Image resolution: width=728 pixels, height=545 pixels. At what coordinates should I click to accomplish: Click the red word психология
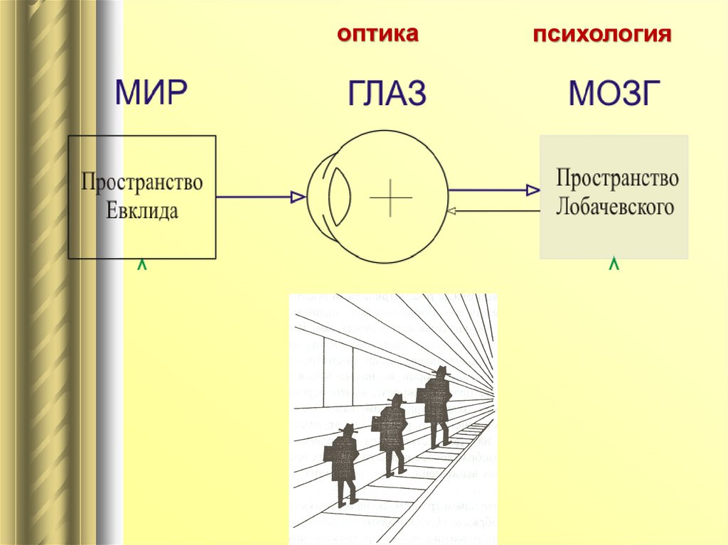click(604, 35)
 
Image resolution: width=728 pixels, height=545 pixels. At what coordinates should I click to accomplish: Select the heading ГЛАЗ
click(387, 95)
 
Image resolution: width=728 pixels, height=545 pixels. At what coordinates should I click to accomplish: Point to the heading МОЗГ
click(610, 95)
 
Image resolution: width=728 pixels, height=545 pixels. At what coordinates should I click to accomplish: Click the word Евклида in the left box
click(142, 211)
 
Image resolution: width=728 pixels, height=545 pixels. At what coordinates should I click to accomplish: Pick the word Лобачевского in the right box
click(616, 207)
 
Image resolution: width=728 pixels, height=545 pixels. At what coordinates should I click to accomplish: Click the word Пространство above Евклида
click(142, 183)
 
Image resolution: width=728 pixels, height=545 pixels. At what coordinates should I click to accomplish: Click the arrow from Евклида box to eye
click(259, 197)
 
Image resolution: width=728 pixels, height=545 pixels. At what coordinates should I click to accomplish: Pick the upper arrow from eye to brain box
click(493, 190)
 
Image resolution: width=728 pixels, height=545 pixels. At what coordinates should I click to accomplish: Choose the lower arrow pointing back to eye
click(493, 210)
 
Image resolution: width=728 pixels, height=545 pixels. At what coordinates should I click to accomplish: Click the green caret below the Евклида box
click(142, 266)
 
